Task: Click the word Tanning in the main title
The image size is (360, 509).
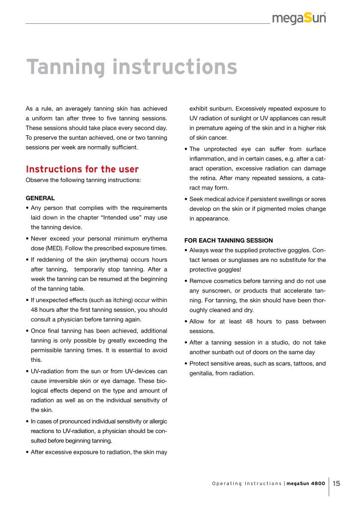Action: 62,68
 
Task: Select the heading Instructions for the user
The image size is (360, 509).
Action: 82,170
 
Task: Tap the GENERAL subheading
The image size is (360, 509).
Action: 40,197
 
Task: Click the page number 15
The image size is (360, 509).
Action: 337,483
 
